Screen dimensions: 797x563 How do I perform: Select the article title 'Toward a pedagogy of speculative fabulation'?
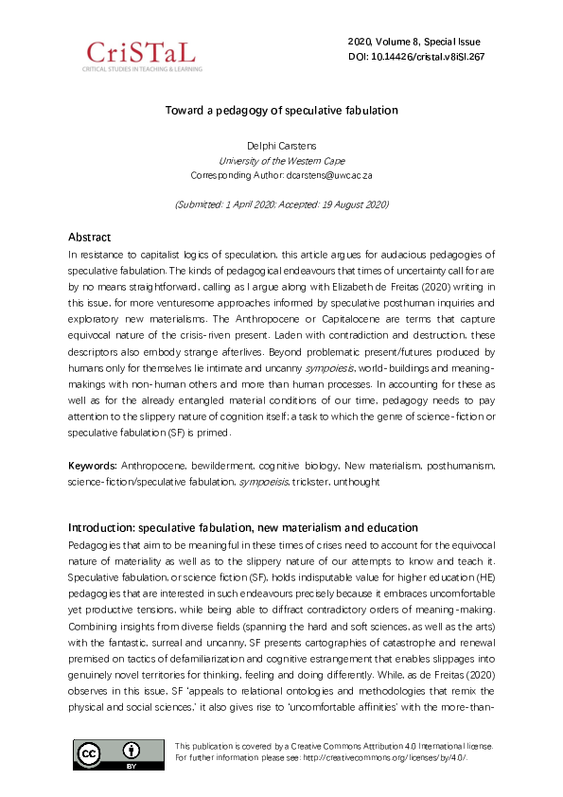point(281,110)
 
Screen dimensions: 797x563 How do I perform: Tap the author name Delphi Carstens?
point(281,146)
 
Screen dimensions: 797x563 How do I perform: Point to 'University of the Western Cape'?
point(281,161)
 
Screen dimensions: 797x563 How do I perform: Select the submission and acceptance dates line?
point(281,204)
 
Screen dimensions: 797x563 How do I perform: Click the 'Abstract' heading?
point(89,237)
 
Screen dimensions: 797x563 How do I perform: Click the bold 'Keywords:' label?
point(93,468)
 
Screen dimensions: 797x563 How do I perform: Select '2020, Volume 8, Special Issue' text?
point(414,42)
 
